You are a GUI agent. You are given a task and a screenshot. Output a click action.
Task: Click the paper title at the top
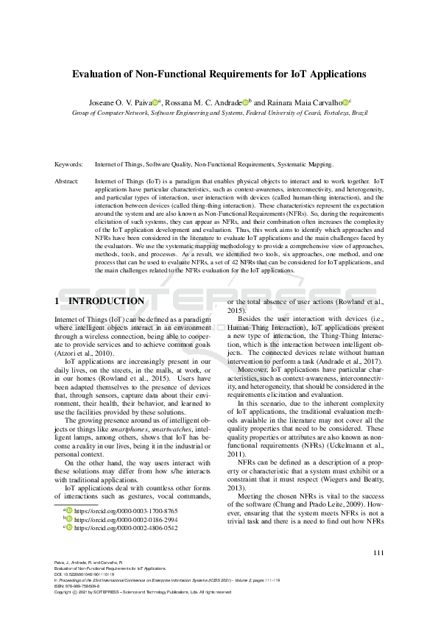click(219, 74)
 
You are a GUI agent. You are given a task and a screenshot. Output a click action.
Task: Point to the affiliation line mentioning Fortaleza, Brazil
click(219, 113)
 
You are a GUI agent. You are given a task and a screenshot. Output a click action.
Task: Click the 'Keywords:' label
click(69, 165)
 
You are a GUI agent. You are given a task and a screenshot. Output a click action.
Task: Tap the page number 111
click(378, 553)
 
